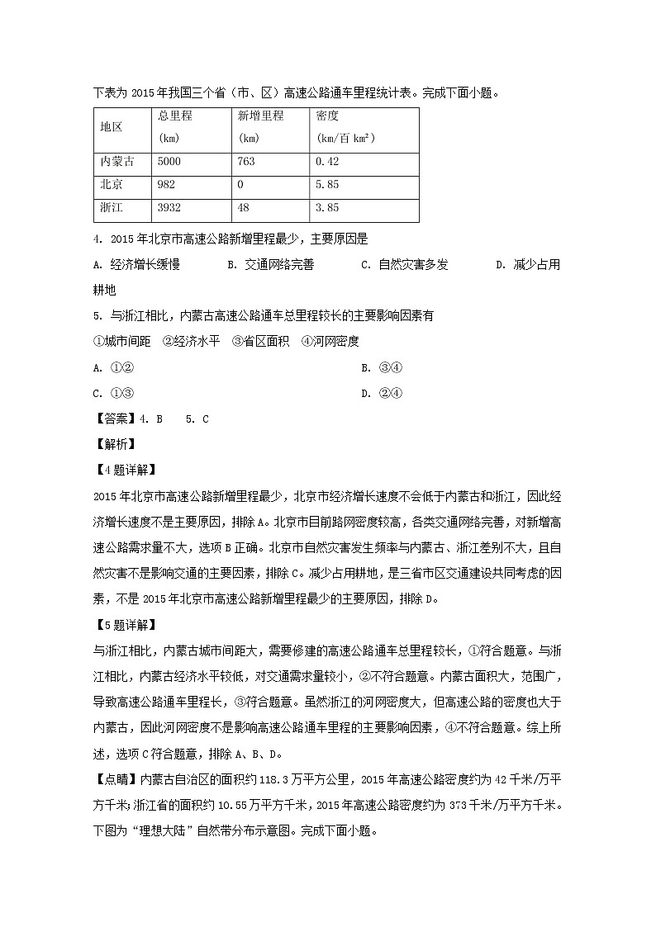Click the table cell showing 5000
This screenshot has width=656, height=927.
[x=169, y=162]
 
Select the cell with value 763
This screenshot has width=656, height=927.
[x=245, y=162]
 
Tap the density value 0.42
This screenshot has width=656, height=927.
[x=328, y=162]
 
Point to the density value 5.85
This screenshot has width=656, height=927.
[x=328, y=185]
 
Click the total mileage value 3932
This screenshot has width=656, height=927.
[x=169, y=208]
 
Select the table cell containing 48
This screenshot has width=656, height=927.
[x=243, y=208]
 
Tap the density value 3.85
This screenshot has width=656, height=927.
[x=328, y=208]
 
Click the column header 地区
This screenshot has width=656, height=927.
[x=112, y=127]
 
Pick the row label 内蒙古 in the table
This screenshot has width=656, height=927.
[x=116, y=162]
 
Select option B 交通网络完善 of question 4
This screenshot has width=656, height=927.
[x=269, y=265]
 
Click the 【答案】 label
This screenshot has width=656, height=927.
[x=115, y=419]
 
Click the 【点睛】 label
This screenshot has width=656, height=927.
[x=115, y=780]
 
